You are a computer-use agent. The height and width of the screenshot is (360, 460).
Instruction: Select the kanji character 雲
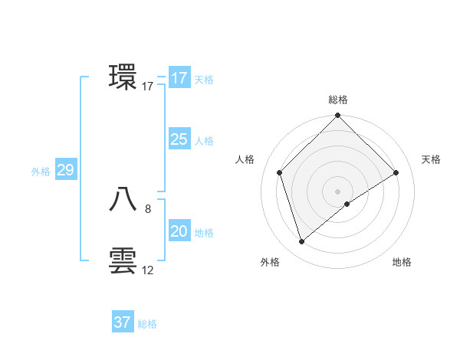(x=123, y=260)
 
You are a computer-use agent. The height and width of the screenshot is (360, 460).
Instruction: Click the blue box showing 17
(x=179, y=78)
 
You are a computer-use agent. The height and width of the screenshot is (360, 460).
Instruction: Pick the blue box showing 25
(x=179, y=139)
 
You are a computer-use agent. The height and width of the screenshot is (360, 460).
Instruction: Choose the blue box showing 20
(x=179, y=231)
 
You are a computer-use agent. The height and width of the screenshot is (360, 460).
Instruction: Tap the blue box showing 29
(x=65, y=170)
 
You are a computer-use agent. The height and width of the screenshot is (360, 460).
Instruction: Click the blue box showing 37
(x=122, y=322)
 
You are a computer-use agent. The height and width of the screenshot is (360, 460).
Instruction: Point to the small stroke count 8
(x=147, y=208)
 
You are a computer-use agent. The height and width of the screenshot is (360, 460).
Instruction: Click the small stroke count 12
(x=148, y=270)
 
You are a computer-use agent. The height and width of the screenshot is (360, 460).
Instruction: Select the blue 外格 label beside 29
(x=41, y=172)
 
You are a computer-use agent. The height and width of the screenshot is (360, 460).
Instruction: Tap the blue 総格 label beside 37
(x=147, y=324)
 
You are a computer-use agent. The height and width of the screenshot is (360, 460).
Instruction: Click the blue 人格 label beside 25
(x=204, y=141)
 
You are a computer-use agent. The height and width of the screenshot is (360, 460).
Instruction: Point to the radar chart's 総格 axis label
(x=337, y=100)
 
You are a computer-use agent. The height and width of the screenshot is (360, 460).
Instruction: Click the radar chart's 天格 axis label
(x=431, y=159)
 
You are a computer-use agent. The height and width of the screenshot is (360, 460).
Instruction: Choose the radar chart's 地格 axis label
(x=402, y=262)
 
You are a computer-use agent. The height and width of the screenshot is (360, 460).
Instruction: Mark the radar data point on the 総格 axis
(x=337, y=116)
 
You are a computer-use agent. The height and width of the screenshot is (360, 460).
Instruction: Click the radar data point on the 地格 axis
(x=347, y=204)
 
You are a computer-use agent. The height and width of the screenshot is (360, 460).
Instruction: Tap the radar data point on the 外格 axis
(x=301, y=242)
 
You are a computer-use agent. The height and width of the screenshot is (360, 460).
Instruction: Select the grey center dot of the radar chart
(x=337, y=191)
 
